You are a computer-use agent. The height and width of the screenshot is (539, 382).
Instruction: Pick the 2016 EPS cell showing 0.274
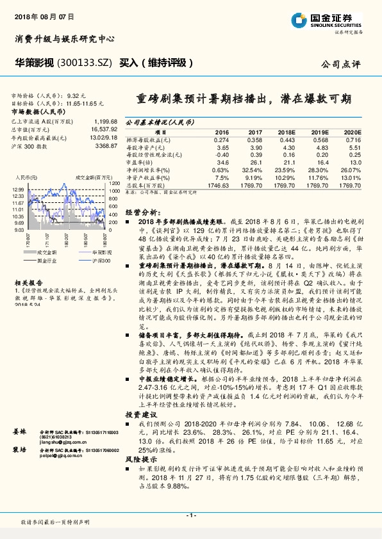coord(220,139)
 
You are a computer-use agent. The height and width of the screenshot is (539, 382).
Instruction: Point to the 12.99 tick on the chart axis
coord(17,190)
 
